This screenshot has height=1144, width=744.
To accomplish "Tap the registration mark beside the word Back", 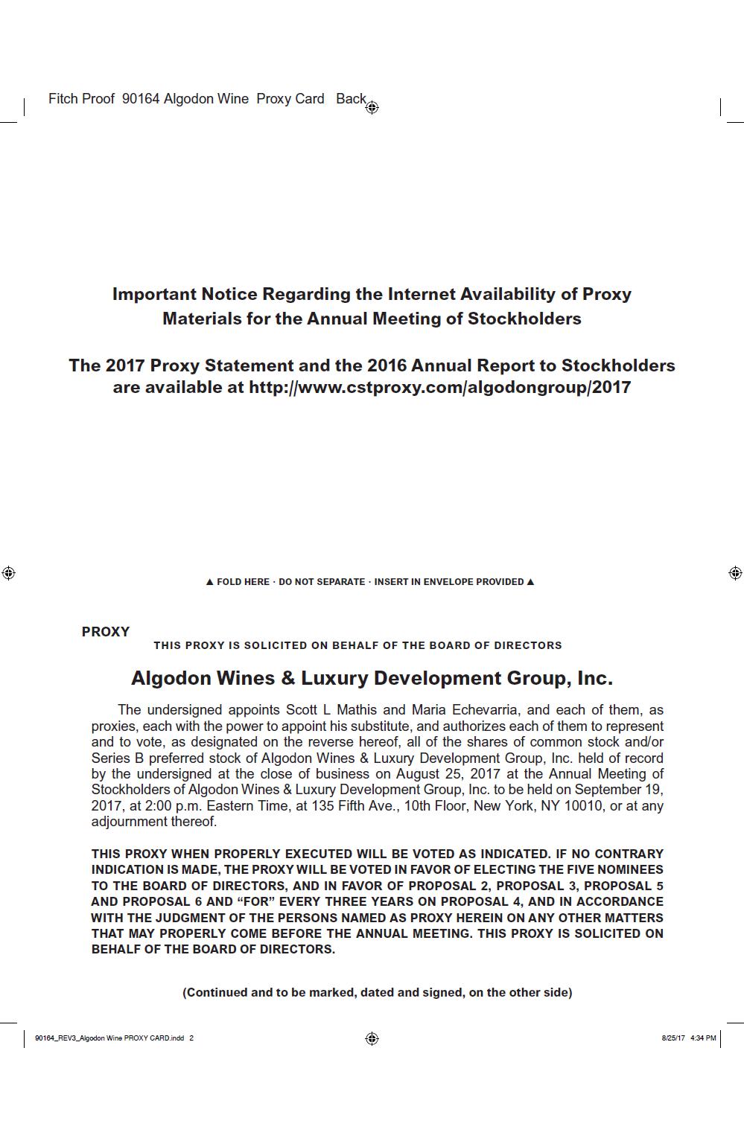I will click(372, 107).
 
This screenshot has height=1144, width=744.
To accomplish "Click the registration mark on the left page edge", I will click(8, 572).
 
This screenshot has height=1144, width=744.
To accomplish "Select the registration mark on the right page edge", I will click(735, 572).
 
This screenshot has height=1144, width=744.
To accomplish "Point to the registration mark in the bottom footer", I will click(372, 1038).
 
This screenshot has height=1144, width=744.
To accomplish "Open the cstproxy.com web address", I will click(439, 387).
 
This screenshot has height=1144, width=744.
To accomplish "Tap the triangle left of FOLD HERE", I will click(209, 582).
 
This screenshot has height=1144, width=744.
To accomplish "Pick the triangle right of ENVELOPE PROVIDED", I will click(530, 582).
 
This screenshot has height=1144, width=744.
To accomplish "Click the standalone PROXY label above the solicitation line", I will click(106, 632).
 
